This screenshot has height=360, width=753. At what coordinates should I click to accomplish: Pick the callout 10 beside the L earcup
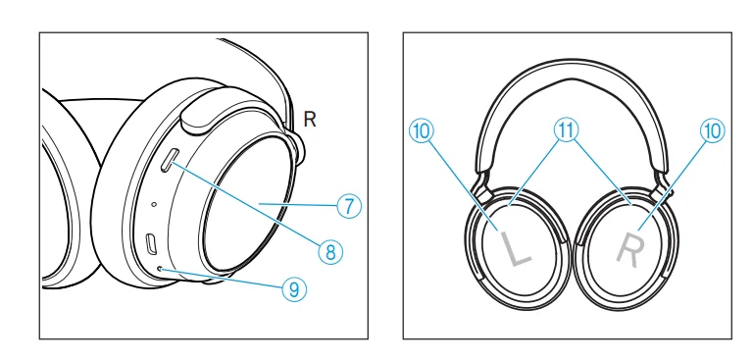point(422,130)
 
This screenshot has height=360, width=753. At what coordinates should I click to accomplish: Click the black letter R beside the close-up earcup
point(311,120)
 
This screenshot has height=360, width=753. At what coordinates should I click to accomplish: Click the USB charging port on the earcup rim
point(152,243)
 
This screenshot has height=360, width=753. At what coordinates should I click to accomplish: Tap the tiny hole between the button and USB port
point(154,204)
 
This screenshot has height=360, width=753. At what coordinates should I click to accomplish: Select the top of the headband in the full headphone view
point(569,68)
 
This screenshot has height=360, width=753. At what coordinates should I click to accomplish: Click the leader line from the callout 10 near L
point(466,181)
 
